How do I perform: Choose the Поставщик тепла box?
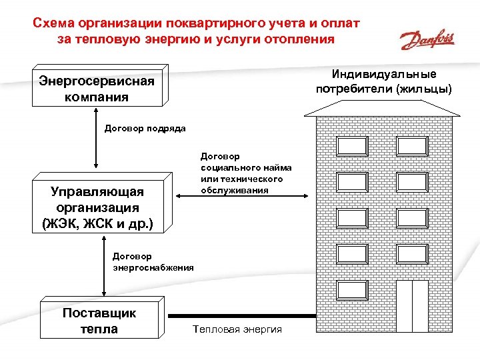tap(99, 321)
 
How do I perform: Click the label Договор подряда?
tap(145, 128)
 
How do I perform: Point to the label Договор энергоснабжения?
tap(153, 261)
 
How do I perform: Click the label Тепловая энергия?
tap(237, 329)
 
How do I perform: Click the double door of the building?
tap(411, 307)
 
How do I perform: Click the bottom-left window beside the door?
tap(352, 289)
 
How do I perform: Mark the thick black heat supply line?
tap(240, 316)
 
